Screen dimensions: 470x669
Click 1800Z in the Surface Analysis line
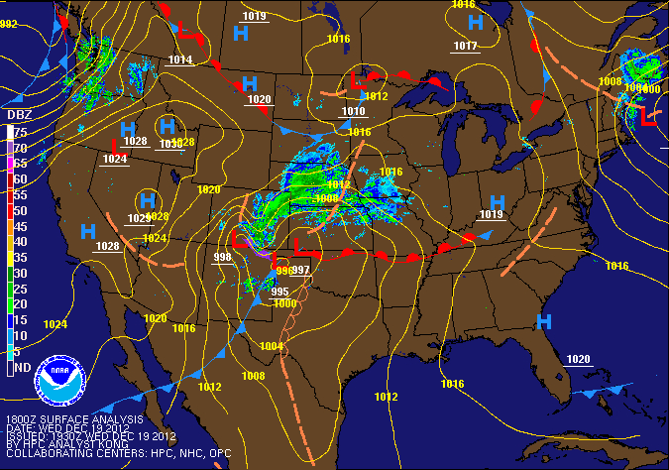(x=23, y=417)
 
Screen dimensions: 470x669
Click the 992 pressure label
(x=8, y=24)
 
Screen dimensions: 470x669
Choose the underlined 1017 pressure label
(x=465, y=47)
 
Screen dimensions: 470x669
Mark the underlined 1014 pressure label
(x=179, y=60)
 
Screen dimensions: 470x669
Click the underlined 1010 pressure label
(x=353, y=111)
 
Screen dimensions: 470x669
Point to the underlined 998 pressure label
(x=222, y=258)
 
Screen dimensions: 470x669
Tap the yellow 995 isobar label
(x=279, y=292)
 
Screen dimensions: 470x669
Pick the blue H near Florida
(x=543, y=321)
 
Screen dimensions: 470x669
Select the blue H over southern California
(x=88, y=231)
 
